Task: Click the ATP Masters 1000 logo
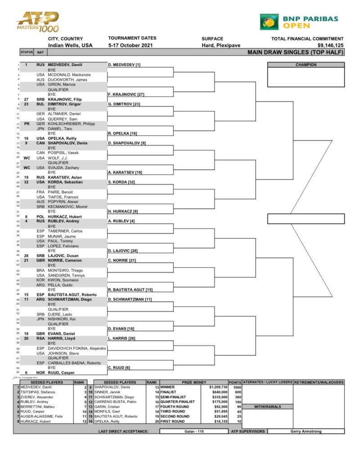(x=37, y=22)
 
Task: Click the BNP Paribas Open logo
(x=299, y=21)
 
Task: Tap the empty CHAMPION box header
(x=306, y=65)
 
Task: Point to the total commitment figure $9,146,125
(x=330, y=45)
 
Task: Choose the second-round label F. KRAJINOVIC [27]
(x=126, y=95)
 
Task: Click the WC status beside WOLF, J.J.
(x=26, y=158)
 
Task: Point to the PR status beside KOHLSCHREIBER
(x=26, y=123)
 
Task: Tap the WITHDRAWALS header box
(x=267, y=407)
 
